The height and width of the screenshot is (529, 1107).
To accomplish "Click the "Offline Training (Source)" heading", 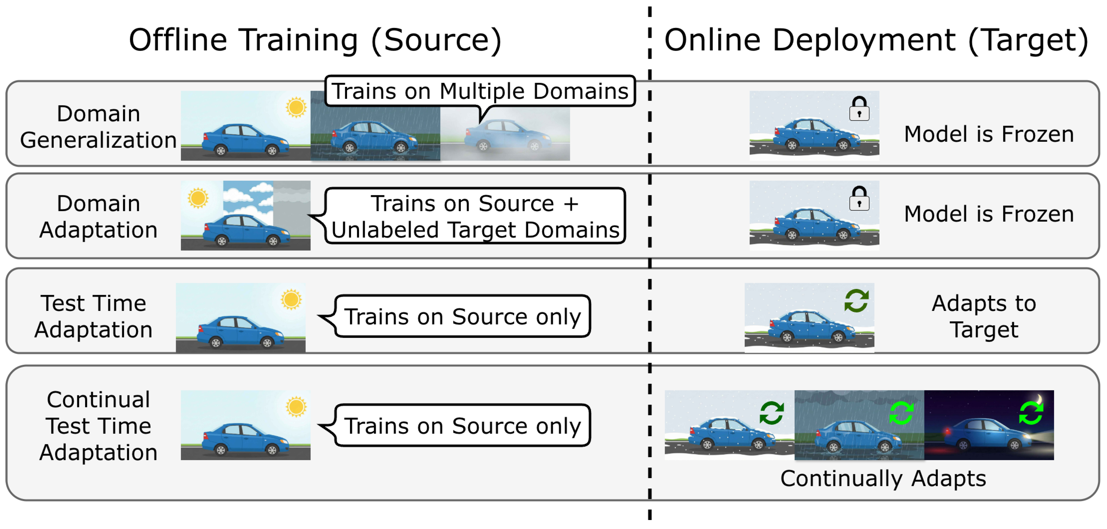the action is coord(315,40).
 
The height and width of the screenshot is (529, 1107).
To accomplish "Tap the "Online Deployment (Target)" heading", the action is coord(876,40).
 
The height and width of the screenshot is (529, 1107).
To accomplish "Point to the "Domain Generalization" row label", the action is coord(99,127).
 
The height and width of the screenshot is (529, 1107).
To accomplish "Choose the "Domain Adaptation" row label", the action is coord(99,216).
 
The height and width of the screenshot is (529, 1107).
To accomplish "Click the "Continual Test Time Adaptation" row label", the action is coord(99,426).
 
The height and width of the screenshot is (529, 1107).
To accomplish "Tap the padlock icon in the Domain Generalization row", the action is coord(859,108).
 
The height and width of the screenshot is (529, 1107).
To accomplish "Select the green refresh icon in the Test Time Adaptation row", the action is coord(856,301).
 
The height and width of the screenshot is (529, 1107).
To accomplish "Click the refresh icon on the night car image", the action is coord(1031,413).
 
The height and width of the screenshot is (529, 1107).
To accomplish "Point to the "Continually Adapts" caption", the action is coord(883,478).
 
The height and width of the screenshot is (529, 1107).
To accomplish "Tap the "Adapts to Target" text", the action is coord(984,316).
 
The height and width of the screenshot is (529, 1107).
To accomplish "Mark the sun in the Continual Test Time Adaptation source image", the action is coord(296,406).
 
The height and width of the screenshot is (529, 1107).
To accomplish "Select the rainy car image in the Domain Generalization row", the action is coord(375,126).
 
